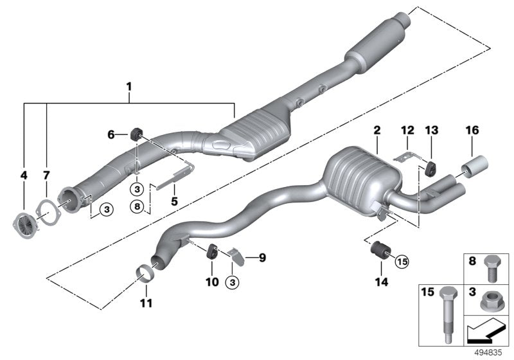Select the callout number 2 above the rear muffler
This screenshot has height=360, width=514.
click(x=377, y=131)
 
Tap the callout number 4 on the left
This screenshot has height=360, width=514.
click(x=24, y=175)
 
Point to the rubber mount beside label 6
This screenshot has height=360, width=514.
click(x=137, y=134)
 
